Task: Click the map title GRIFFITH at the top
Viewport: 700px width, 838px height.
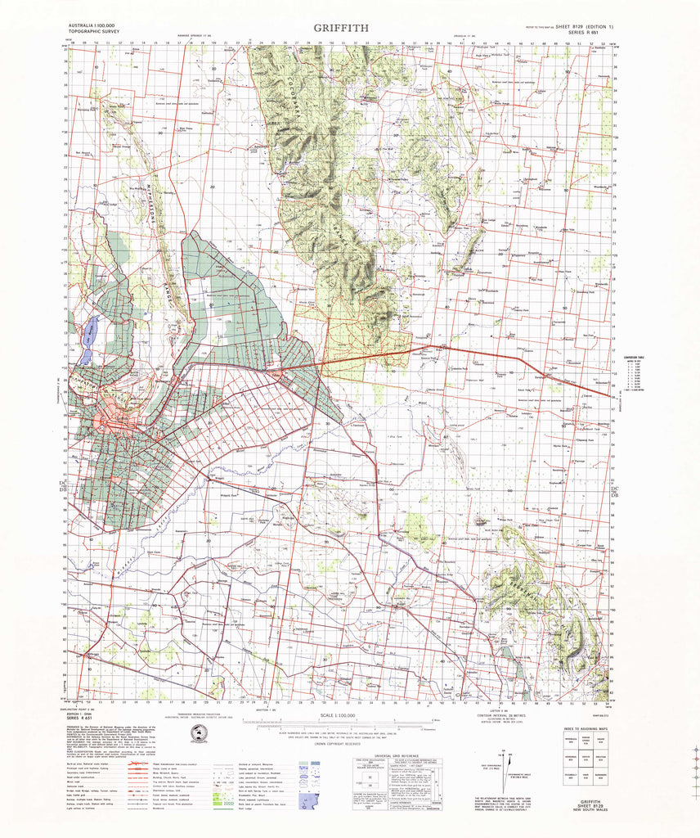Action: [341, 27]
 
